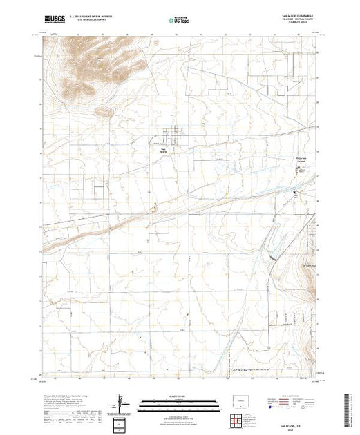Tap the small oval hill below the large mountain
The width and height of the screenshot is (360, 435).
[x=105, y=110]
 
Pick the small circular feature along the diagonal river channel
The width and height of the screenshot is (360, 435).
[x=154, y=206]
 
